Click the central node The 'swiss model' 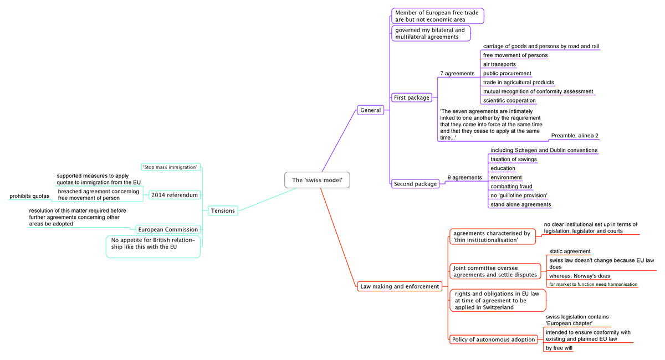pos(318,180)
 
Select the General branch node pos(371,110)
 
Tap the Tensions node pos(223,210)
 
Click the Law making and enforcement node pos(400,286)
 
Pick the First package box pos(411,97)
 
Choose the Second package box pos(416,183)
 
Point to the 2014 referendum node pos(174,195)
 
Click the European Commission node pos(168,229)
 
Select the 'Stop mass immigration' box pos(170,167)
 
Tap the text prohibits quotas pos(29,196)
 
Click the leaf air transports pos(499,64)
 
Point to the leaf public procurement pos(507,73)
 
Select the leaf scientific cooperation pos(509,100)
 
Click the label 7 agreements pos(457,73)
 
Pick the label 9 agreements pos(464,177)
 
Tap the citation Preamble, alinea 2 pos(575,136)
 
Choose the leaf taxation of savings pos(514,159)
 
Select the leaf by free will pos(559,348)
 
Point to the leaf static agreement pos(570,251)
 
